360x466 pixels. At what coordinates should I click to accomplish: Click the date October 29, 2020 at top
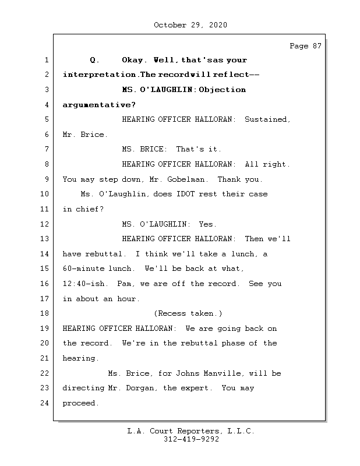pyautogui.click(x=190, y=25)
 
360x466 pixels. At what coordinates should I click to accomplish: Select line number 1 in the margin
pyautogui.click(x=45, y=60)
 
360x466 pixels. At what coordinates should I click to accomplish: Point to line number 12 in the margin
pyautogui.click(x=45, y=224)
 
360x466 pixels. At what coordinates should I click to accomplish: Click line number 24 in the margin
pyautogui.click(x=45, y=403)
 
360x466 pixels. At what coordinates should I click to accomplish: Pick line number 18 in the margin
pyautogui.click(x=45, y=313)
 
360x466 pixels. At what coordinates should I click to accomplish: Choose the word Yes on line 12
pyautogui.click(x=208, y=224)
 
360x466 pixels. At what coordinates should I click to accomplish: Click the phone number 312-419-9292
pyautogui.click(x=190, y=440)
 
